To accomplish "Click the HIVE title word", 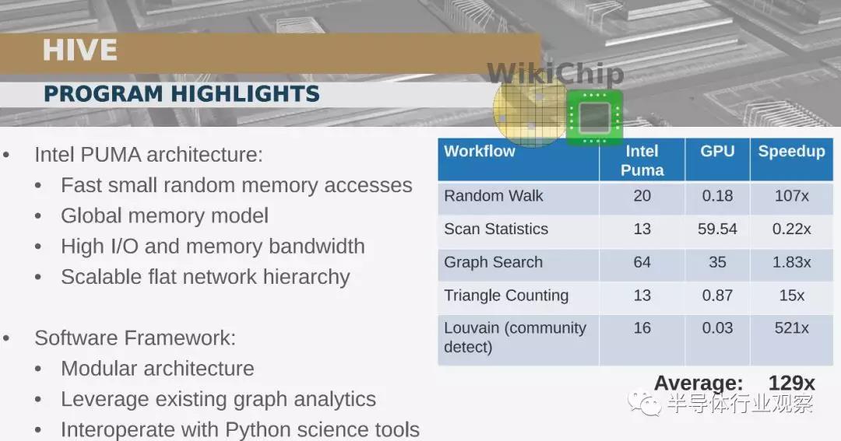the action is [x=80, y=51].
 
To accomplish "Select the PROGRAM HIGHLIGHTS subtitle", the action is [x=181, y=94].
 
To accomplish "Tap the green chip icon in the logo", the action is [x=594, y=117].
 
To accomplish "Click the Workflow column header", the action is [x=480, y=151].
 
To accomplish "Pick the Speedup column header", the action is [x=791, y=151].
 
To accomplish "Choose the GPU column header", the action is [x=717, y=151].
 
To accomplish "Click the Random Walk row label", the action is [x=494, y=195].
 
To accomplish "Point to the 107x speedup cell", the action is [x=791, y=195].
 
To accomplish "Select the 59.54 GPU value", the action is [x=717, y=229].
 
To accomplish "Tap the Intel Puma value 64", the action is [x=642, y=262].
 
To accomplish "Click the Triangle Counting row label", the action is [x=506, y=296].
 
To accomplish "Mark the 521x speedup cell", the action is [x=791, y=328].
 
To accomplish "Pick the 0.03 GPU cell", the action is [x=717, y=328].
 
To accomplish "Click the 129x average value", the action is [x=791, y=383].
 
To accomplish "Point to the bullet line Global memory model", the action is [x=164, y=215].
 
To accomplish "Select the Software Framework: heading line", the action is [x=135, y=338].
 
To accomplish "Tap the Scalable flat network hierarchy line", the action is [x=206, y=277].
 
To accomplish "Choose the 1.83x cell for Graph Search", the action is [x=791, y=262].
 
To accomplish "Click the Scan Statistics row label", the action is [x=496, y=229].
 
